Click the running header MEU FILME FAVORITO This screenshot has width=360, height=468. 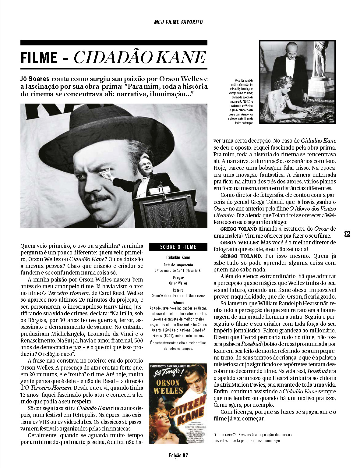pyautogui.click(x=178, y=22)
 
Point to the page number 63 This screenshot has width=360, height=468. pyautogui.click(x=347, y=234)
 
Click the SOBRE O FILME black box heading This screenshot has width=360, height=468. pyautogui.click(x=178, y=247)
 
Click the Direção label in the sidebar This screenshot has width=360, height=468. pyautogui.click(x=178, y=278)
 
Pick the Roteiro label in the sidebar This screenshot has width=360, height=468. pyautogui.click(x=178, y=290)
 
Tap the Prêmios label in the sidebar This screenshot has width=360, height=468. pyautogui.click(x=178, y=303)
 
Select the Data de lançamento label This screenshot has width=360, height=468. pyautogui.click(x=178, y=265)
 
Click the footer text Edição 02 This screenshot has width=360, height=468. pyautogui.click(x=178, y=456)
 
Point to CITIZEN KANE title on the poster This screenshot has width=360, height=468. pyautogui.click(x=186, y=411)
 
